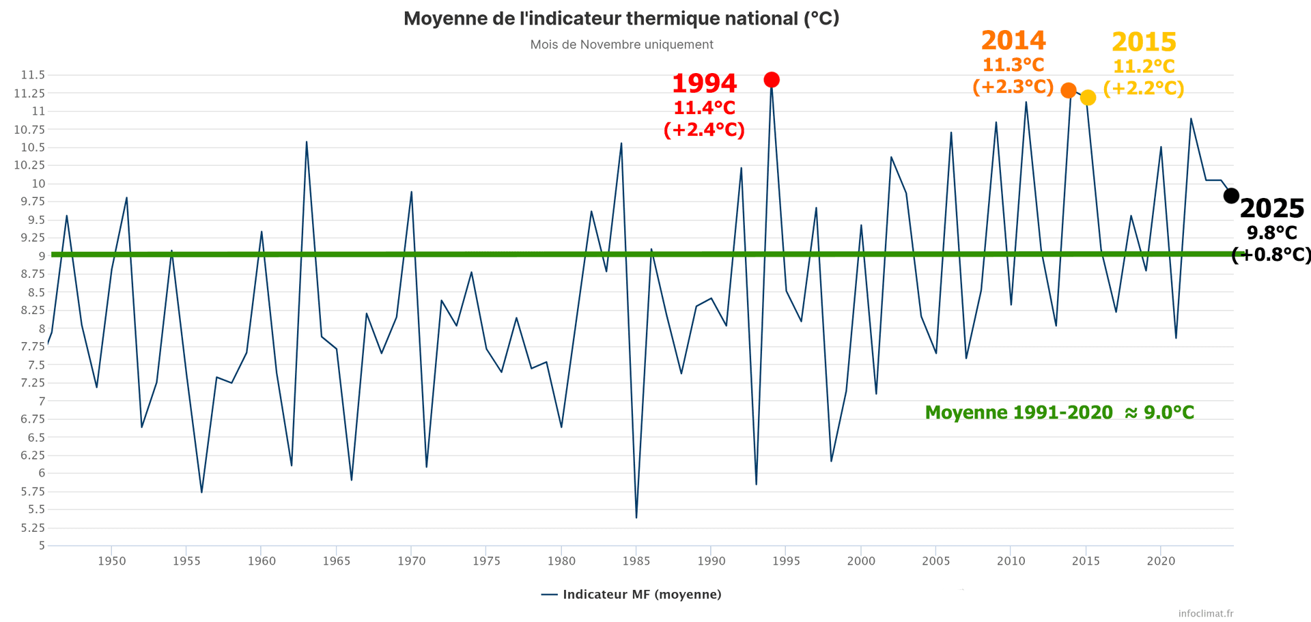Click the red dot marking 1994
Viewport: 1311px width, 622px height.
[x=772, y=80]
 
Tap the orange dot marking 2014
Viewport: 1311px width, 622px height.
[x=1069, y=90]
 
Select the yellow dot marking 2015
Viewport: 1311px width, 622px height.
[x=1088, y=98]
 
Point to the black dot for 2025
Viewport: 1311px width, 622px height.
[x=1231, y=196]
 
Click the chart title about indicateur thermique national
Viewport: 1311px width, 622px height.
[x=621, y=18]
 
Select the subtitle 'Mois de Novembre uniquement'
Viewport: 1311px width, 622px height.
[x=621, y=45]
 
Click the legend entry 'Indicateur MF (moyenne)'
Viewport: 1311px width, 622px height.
[x=632, y=595]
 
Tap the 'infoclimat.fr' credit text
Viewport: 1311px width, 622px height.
[x=1206, y=613]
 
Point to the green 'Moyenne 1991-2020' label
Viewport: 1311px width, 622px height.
[x=1059, y=412]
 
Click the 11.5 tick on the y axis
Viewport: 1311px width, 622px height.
[x=33, y=75]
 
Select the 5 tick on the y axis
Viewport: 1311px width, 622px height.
[x=41, y=546]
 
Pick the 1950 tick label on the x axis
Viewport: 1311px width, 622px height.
[x=111, y=561]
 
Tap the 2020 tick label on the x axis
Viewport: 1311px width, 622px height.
[x=1161, y=561]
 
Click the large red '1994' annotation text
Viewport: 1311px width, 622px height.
[x=704, y=84]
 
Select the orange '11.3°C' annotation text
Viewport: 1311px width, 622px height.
[x=1013, y=66]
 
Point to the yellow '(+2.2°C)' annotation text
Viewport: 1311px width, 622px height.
[x=1144, y=88]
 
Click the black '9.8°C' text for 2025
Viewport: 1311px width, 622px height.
[x=1271, y=233]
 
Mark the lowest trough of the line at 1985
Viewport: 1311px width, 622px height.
[x=636, y=518]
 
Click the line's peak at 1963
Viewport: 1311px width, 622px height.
[x=307, y=142]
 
